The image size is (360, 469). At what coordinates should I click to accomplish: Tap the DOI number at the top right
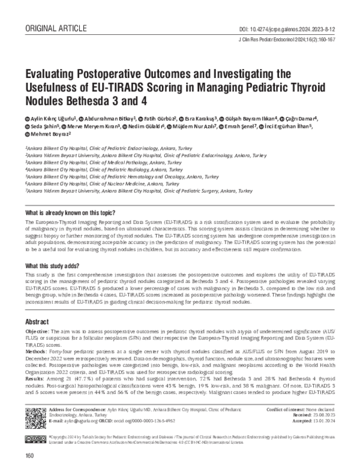click(287, 13)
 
